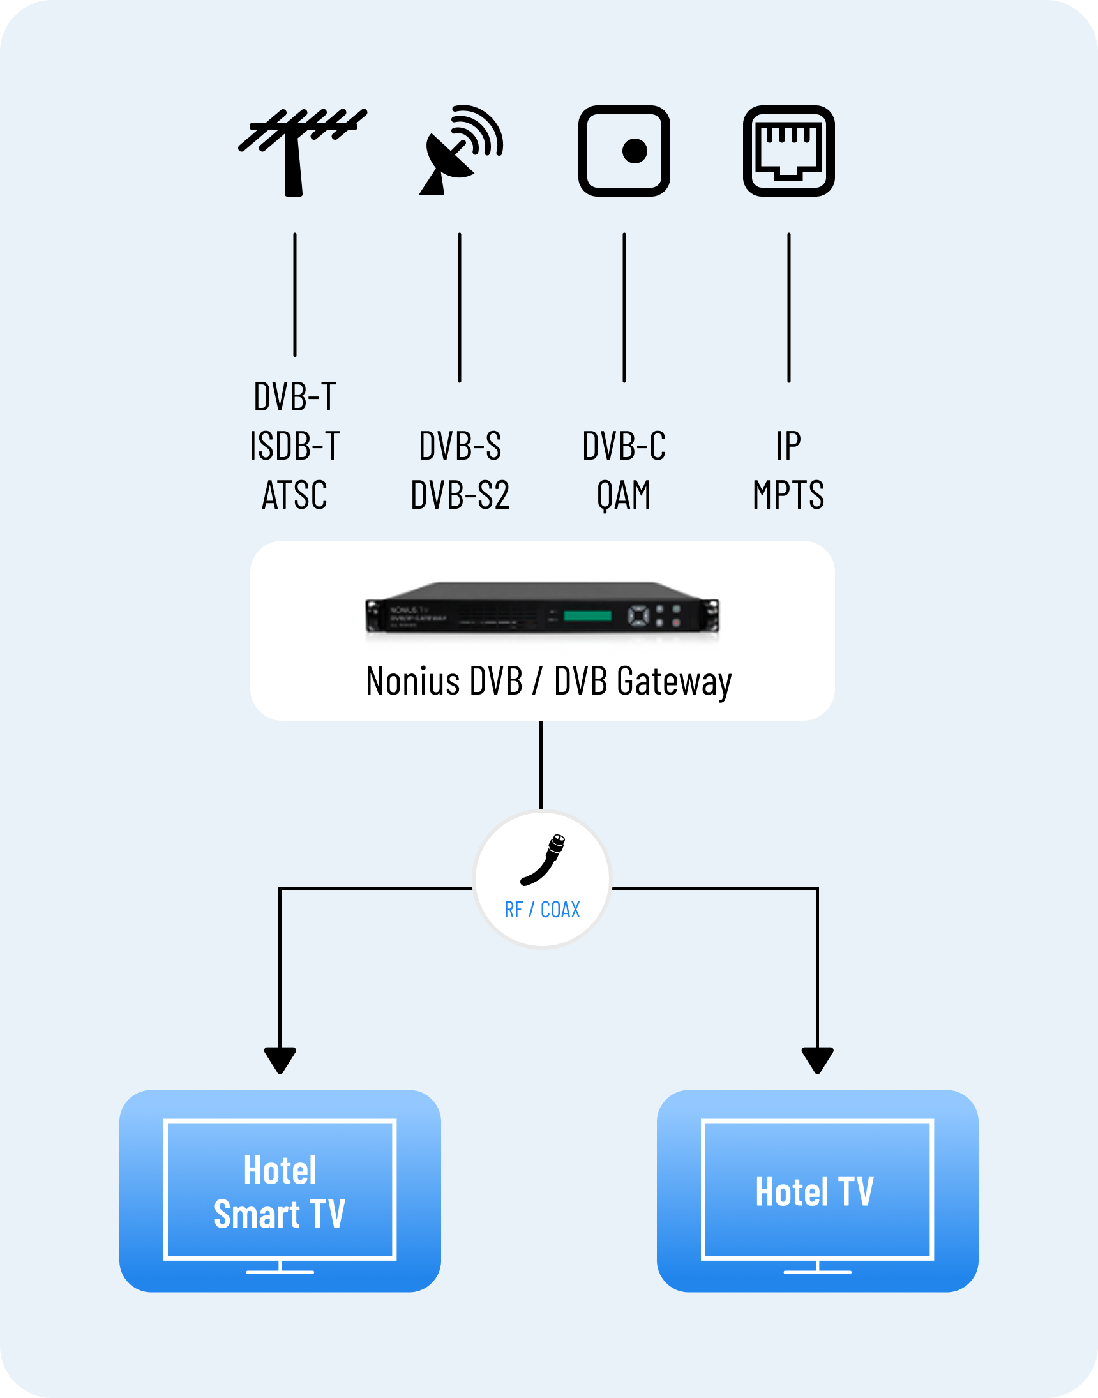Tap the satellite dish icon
point(459,151)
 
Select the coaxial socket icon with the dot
point(624,151)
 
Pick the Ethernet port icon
point(789,151)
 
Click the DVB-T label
point(295,396)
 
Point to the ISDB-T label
point(295,446)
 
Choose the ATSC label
point(295,495)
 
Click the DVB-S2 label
point(460,495)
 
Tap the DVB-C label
point(624,446)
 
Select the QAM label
point(624,495)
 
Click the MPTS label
point(789,495)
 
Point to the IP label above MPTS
point(789,446)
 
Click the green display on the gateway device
point(587,616)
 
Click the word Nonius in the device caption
point(412,681)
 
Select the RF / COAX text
point(542,910)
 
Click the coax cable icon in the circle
point(544,859)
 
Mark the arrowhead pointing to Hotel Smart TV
point(280,1060)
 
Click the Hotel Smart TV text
point(280,1192)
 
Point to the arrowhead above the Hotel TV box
point(817,1060)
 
